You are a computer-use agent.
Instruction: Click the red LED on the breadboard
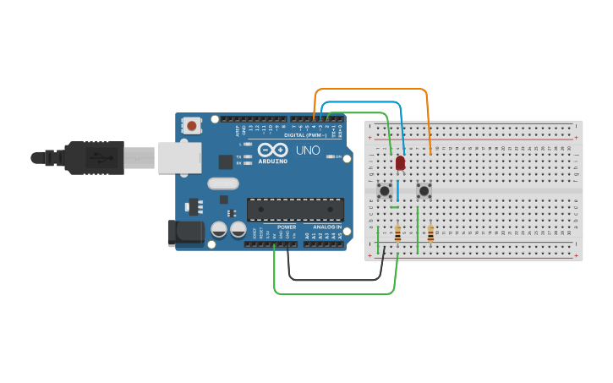tap(400, 162)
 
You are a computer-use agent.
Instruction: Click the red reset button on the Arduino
tap(192, 126)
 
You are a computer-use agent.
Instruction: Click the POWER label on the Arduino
tap(287, 227)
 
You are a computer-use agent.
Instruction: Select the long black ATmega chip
tap(295, 209)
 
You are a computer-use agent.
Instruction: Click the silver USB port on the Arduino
tap(179, 157)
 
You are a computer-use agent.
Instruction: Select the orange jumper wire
tap(372, 88)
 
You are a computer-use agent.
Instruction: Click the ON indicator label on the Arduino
tap(338, 156)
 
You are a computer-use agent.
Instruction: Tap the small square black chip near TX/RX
tap(226, 161)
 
